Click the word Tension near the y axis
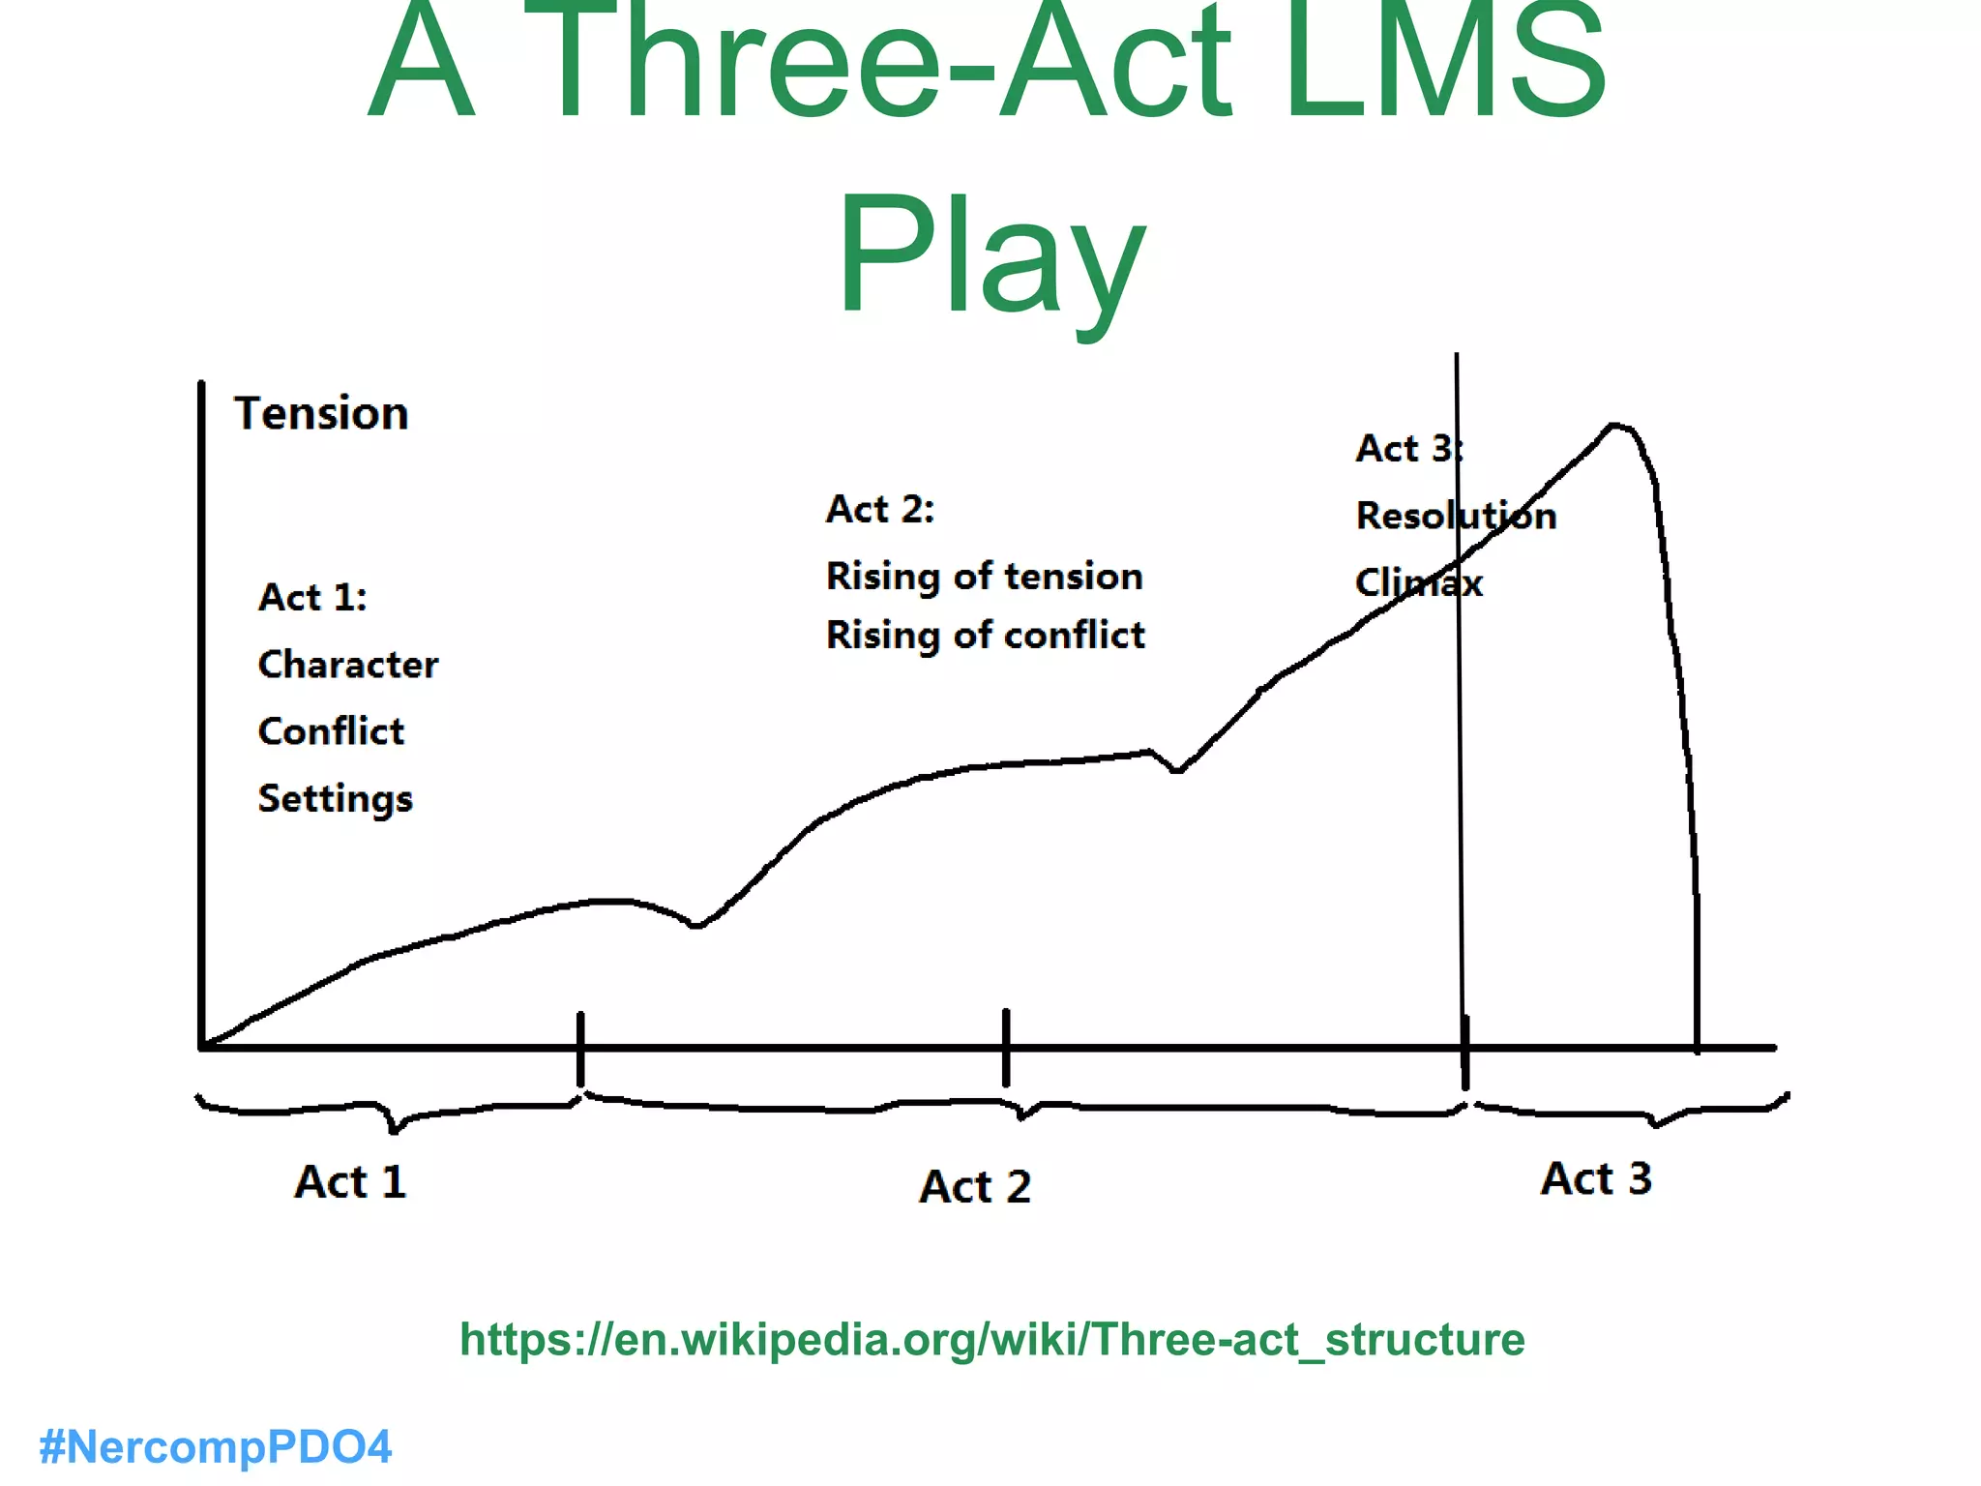coord(321,414)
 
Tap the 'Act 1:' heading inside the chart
coord(312,598)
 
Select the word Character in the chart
coord(348,665)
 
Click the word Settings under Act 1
coord(335,799)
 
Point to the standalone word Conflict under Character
coord(331,731)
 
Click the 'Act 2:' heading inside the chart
coord(879,510)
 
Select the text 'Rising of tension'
coord(984,577)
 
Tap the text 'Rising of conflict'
coord(985,636)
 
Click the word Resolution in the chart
coord(1456,516)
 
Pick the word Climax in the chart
coord(1418,583)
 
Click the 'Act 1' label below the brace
coord(350,1182)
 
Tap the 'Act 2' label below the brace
coord(975,1187)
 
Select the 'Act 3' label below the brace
coord(1596,1179)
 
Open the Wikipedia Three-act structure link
coord(991,1340)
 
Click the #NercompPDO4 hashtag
coord(215,1447)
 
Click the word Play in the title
coord(990,256)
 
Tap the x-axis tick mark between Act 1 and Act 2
coord(580,1048)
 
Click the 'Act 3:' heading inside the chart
coord(1408,449)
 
